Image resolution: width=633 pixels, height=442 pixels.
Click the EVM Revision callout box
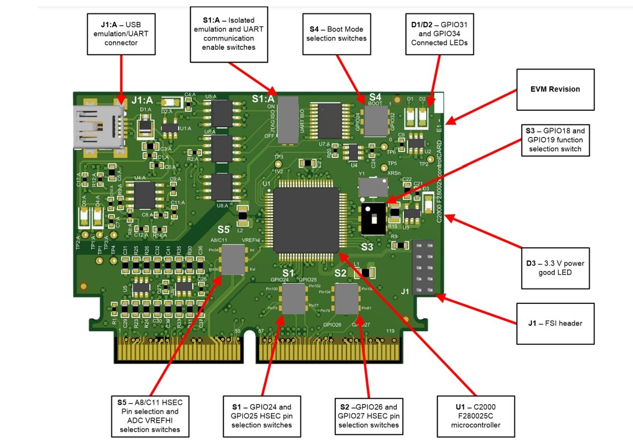555,89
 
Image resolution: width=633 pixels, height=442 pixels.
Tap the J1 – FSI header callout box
555,323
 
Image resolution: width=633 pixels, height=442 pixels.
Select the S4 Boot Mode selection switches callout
336,34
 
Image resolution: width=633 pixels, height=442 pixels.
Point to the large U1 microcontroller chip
306,220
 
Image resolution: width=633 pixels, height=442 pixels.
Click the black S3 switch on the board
374,218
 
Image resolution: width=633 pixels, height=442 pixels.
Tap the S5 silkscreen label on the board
223,228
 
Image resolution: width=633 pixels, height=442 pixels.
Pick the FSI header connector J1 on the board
423,267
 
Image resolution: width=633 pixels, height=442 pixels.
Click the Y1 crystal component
373,187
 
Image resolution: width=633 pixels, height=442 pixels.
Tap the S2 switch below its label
347,299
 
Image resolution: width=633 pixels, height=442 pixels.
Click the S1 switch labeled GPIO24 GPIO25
294,299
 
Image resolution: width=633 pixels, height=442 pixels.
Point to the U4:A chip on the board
144,195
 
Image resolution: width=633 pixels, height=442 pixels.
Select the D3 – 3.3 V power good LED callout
555,268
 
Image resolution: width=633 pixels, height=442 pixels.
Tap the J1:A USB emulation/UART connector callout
121,34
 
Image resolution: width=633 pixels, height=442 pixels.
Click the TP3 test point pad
278,164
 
